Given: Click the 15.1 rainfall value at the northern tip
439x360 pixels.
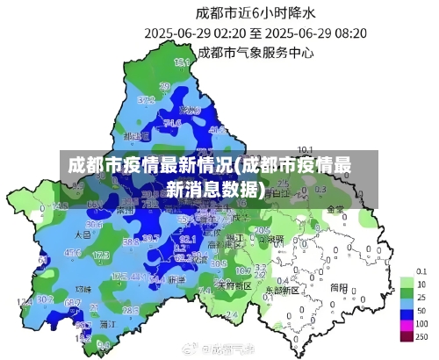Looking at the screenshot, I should pyautogui.click(x=182, y=63).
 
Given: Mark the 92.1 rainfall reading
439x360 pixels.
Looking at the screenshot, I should pyautogui.click(x=187, y=238).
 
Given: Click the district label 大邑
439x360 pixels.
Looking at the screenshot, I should pyautogui.click(x=83, y=235).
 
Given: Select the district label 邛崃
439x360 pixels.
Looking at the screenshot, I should pyautogui.click(x=83, y=288).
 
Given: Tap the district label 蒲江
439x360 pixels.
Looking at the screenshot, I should pyautogui.click(x=109, y=324).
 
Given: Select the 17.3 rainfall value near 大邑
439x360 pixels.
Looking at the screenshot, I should pyautogui.click(x=100, y=256).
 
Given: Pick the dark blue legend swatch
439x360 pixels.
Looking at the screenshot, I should pyautogui.click(x=407, y=312).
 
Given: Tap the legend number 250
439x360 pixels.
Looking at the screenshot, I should pyautogui.click(x=421, y=337).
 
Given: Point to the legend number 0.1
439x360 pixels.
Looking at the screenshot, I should pyautogui.click(x=421, y=270).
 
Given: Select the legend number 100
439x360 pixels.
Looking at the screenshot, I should pyautogui.click(x=421, y=324).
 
